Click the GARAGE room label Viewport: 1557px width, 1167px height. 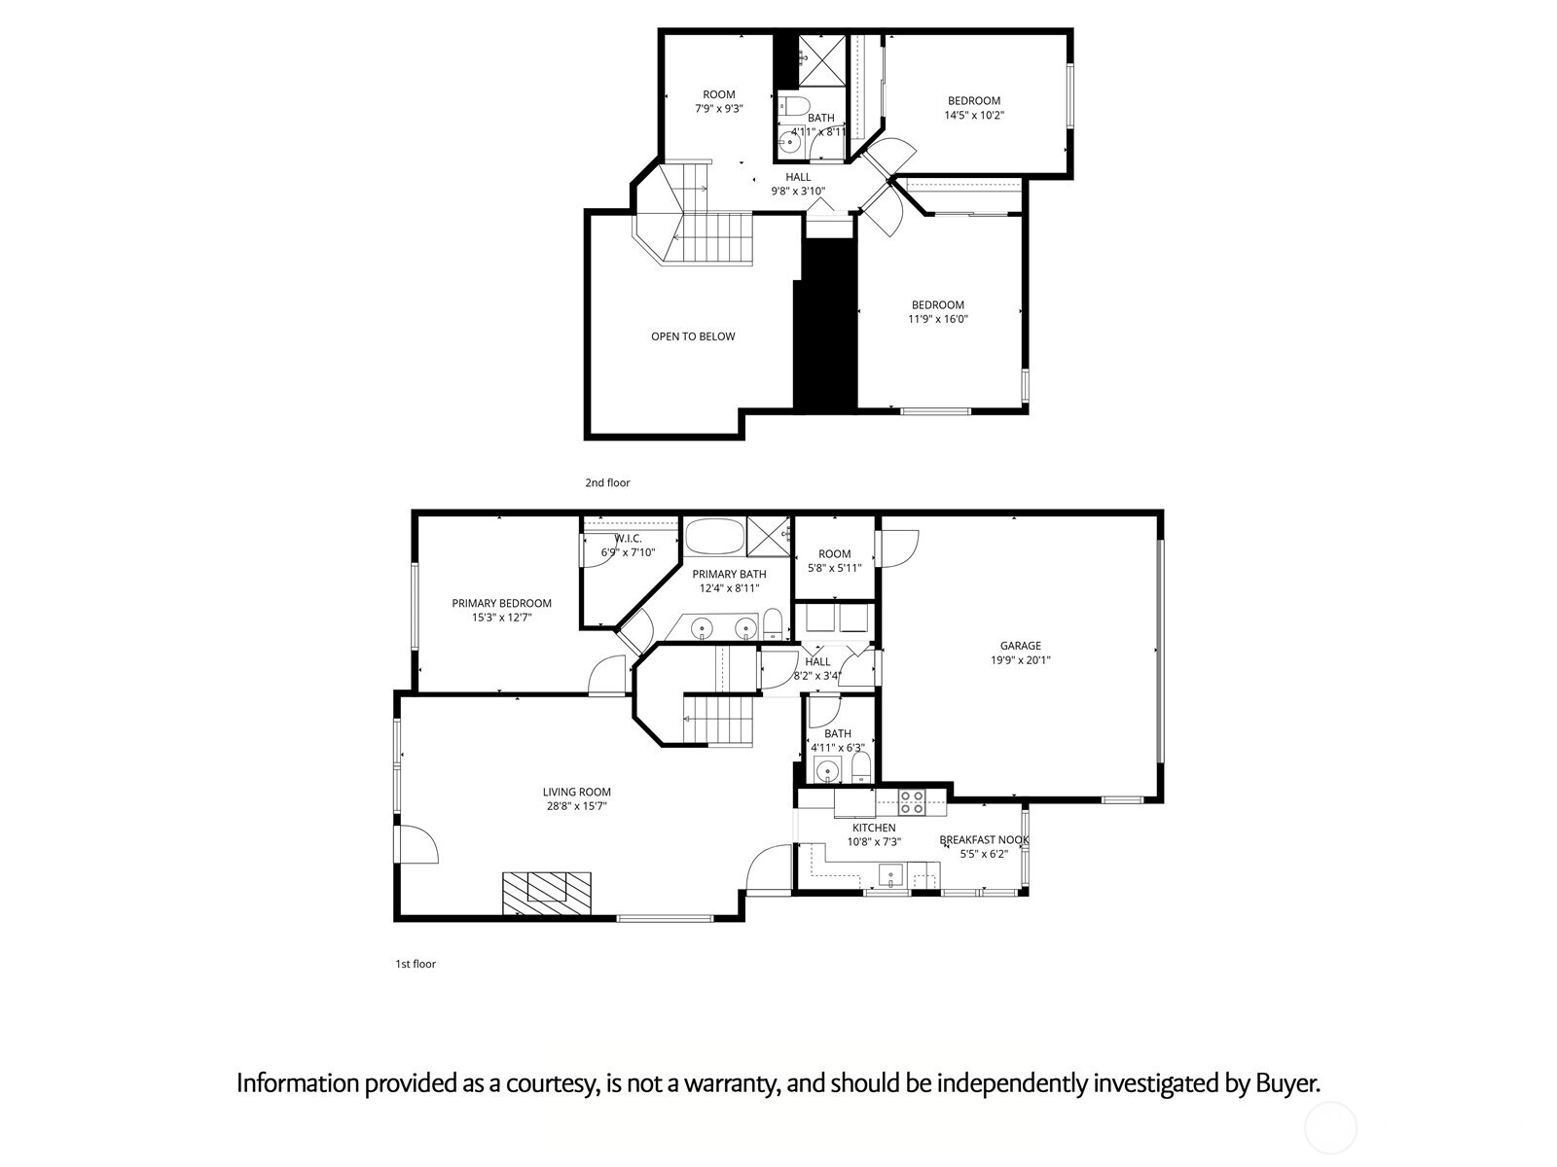coord(1020,646)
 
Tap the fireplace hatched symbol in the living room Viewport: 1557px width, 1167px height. coord(547,892)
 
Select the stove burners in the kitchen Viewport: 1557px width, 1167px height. coord(912,802)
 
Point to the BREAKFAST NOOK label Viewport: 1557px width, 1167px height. coord(984,840)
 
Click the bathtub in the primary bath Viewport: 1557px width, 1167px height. coord(713,536)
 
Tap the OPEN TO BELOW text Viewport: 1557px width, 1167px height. coord(693,336)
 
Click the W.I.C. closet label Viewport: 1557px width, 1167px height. coord(628,539)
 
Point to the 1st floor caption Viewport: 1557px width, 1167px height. coord(416,964)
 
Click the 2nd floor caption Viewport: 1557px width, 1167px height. coord(607,482)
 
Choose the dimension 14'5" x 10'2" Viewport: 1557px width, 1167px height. coord(973,115)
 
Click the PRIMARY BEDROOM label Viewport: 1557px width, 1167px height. coord(501,603)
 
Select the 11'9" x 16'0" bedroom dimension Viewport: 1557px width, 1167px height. coord(938,319)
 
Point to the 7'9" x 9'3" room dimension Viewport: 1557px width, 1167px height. coord(718,109)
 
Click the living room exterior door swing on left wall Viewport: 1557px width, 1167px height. coord(417,842)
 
